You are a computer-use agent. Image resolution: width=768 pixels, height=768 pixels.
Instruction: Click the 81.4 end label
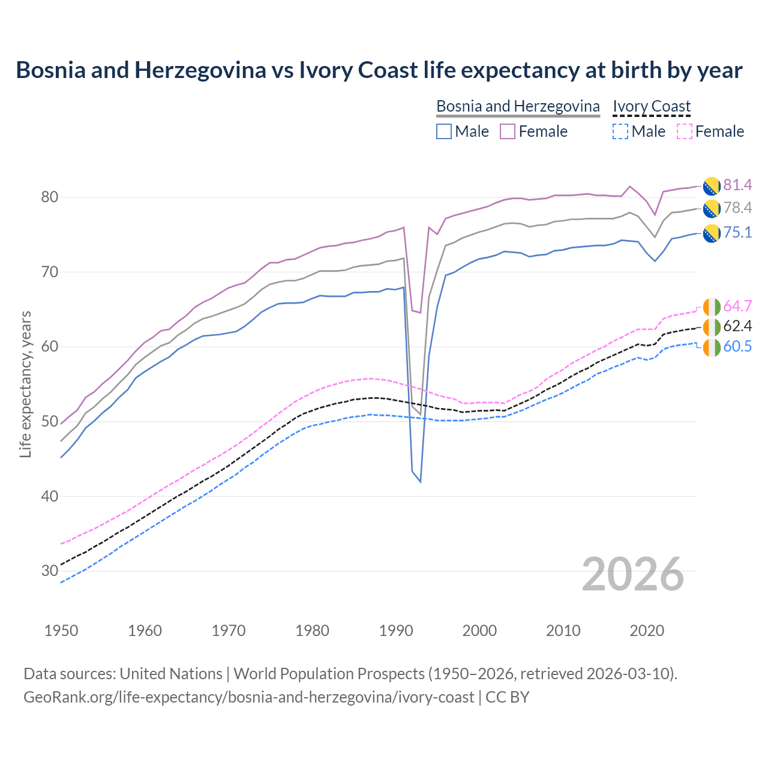(737, 185)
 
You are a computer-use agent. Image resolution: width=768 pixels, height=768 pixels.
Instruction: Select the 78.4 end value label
(737, 208)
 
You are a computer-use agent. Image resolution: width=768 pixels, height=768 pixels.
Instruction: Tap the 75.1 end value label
(737, 232)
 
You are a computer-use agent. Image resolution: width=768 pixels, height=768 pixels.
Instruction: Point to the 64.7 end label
(737, 306)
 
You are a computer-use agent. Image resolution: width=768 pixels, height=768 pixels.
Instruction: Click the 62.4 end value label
(737, 326)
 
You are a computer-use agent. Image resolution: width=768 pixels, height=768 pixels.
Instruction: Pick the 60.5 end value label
(737, 347)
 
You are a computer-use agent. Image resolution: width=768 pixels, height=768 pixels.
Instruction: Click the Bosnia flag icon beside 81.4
(712, 186)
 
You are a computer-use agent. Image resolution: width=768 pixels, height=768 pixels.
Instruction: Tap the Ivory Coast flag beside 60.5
(712, 347)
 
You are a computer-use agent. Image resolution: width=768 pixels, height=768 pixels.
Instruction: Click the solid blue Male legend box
(444, 131)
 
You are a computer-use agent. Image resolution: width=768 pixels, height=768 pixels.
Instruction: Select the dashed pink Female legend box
(684, 131)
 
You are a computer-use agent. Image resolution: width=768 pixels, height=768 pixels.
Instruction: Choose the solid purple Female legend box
(508, 131)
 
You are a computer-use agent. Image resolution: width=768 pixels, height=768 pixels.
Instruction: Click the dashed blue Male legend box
(620, 131)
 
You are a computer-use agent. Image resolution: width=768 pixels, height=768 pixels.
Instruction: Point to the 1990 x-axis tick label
(396, 631)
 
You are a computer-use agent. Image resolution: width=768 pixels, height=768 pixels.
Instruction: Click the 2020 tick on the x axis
(647, 631)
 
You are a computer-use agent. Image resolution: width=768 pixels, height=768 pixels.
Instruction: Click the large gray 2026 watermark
(632, 575)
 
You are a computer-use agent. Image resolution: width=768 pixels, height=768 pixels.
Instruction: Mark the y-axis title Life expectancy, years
(25, 384)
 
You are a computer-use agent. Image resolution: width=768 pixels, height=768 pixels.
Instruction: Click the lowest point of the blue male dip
(420, 482)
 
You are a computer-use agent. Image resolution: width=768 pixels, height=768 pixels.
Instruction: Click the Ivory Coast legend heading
(652, 106)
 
